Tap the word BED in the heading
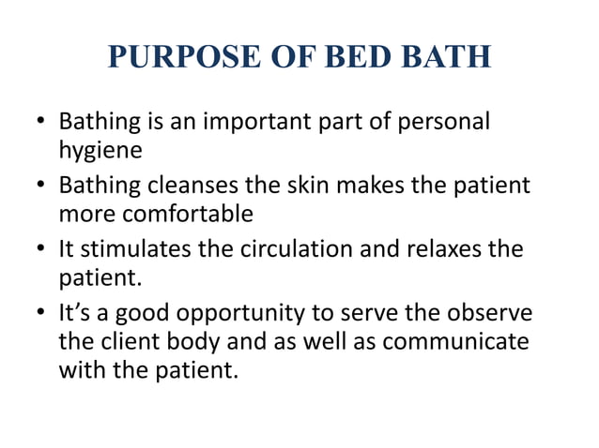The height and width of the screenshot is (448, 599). coord(347,57)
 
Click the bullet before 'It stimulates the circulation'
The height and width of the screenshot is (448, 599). coord(39,249)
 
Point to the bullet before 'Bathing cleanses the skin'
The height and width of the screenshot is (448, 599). coord(39,186)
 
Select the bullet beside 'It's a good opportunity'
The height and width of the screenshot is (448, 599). coord(39,313)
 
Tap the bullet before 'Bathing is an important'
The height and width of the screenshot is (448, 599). coord(39,124)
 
